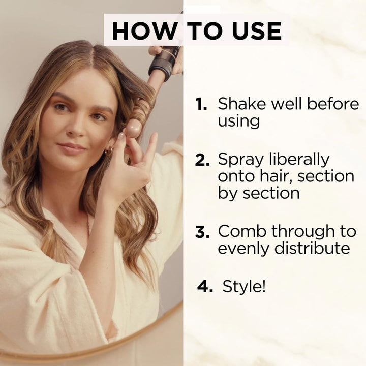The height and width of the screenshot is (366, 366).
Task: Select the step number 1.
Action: [x=202, y=104]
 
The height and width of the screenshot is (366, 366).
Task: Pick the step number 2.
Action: [x=202, y=160]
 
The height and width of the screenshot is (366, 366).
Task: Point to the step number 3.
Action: [x=202, y=232]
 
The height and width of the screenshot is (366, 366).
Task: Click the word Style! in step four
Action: [x=244, y=286]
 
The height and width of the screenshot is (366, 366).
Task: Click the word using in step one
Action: [x=239, y=121]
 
